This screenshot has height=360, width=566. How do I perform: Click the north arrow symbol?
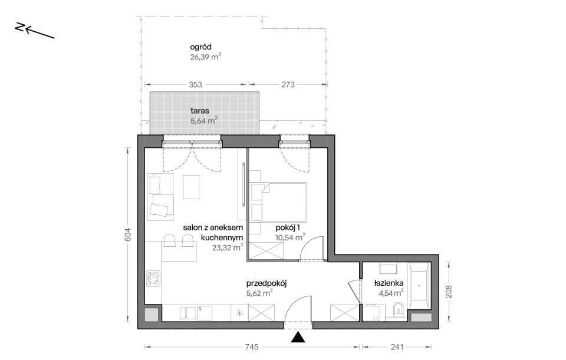[x=35, y=31]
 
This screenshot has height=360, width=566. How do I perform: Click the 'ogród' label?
[x=200, y=47]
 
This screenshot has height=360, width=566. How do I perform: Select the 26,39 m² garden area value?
[x=205, y=57]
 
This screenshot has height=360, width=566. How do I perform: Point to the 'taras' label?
[x=200, y=111]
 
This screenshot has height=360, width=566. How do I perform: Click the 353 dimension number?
[x=195, y=84]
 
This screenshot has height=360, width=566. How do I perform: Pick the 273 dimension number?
[x=288, y=84]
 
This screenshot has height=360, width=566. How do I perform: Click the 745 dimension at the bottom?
[x=252, y=347]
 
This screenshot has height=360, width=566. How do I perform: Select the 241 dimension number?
[x=397, y=347]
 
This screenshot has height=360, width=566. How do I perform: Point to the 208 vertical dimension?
[x=449, y=292]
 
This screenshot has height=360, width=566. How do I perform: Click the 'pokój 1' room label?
[x=288, y=227]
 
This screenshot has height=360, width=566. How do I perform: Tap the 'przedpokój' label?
[x=266, y=283]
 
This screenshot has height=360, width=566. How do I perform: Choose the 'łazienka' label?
[x=389, y=283]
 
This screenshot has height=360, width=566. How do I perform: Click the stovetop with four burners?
[x=153, y=279]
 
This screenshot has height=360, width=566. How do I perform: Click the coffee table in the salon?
[x=191, y=187]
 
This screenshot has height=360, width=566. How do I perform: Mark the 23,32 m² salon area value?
[x=228, y=247]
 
